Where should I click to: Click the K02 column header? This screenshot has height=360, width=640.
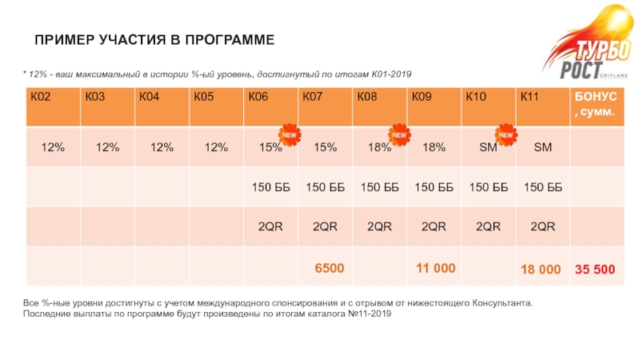pos(41,97)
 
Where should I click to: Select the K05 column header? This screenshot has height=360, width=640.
pos(204,97)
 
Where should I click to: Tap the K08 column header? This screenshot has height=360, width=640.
pos(367,97)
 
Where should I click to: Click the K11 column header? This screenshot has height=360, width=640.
pos(530,97)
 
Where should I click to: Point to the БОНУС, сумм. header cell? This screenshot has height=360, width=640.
pos(593,105)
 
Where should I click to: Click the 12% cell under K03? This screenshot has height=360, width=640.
pos(107,147)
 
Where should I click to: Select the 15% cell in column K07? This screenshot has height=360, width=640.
pos(325,147)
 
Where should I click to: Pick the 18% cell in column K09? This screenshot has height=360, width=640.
pos(434,147)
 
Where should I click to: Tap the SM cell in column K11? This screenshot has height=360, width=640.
pos(542,147)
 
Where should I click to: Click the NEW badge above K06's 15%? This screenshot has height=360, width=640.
pos(289,135)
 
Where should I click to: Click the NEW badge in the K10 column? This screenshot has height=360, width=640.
pos(506,135)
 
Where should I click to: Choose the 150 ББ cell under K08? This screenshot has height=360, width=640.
pos(379,187)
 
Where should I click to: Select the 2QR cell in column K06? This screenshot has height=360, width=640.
pos(270,226)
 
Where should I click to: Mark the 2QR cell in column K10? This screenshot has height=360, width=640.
pos(488,226)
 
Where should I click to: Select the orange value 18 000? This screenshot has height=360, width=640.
pos(541,270)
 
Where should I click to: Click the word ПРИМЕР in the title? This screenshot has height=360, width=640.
pos(64,39)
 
